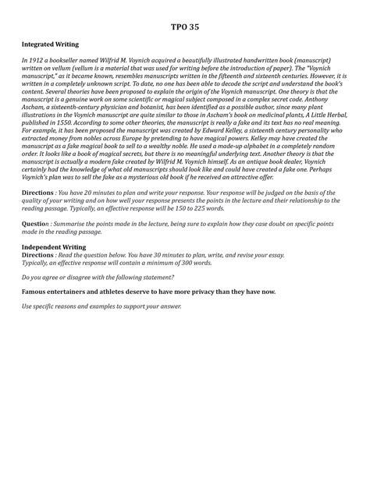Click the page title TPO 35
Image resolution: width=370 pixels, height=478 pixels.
tap(184, 27)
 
